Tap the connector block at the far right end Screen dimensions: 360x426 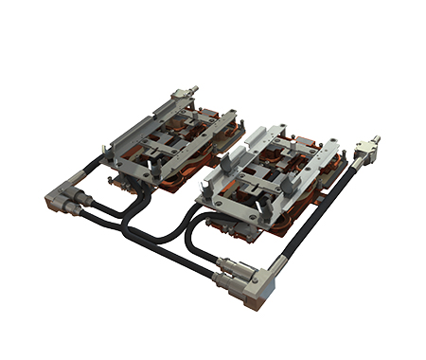coord(364,153)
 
